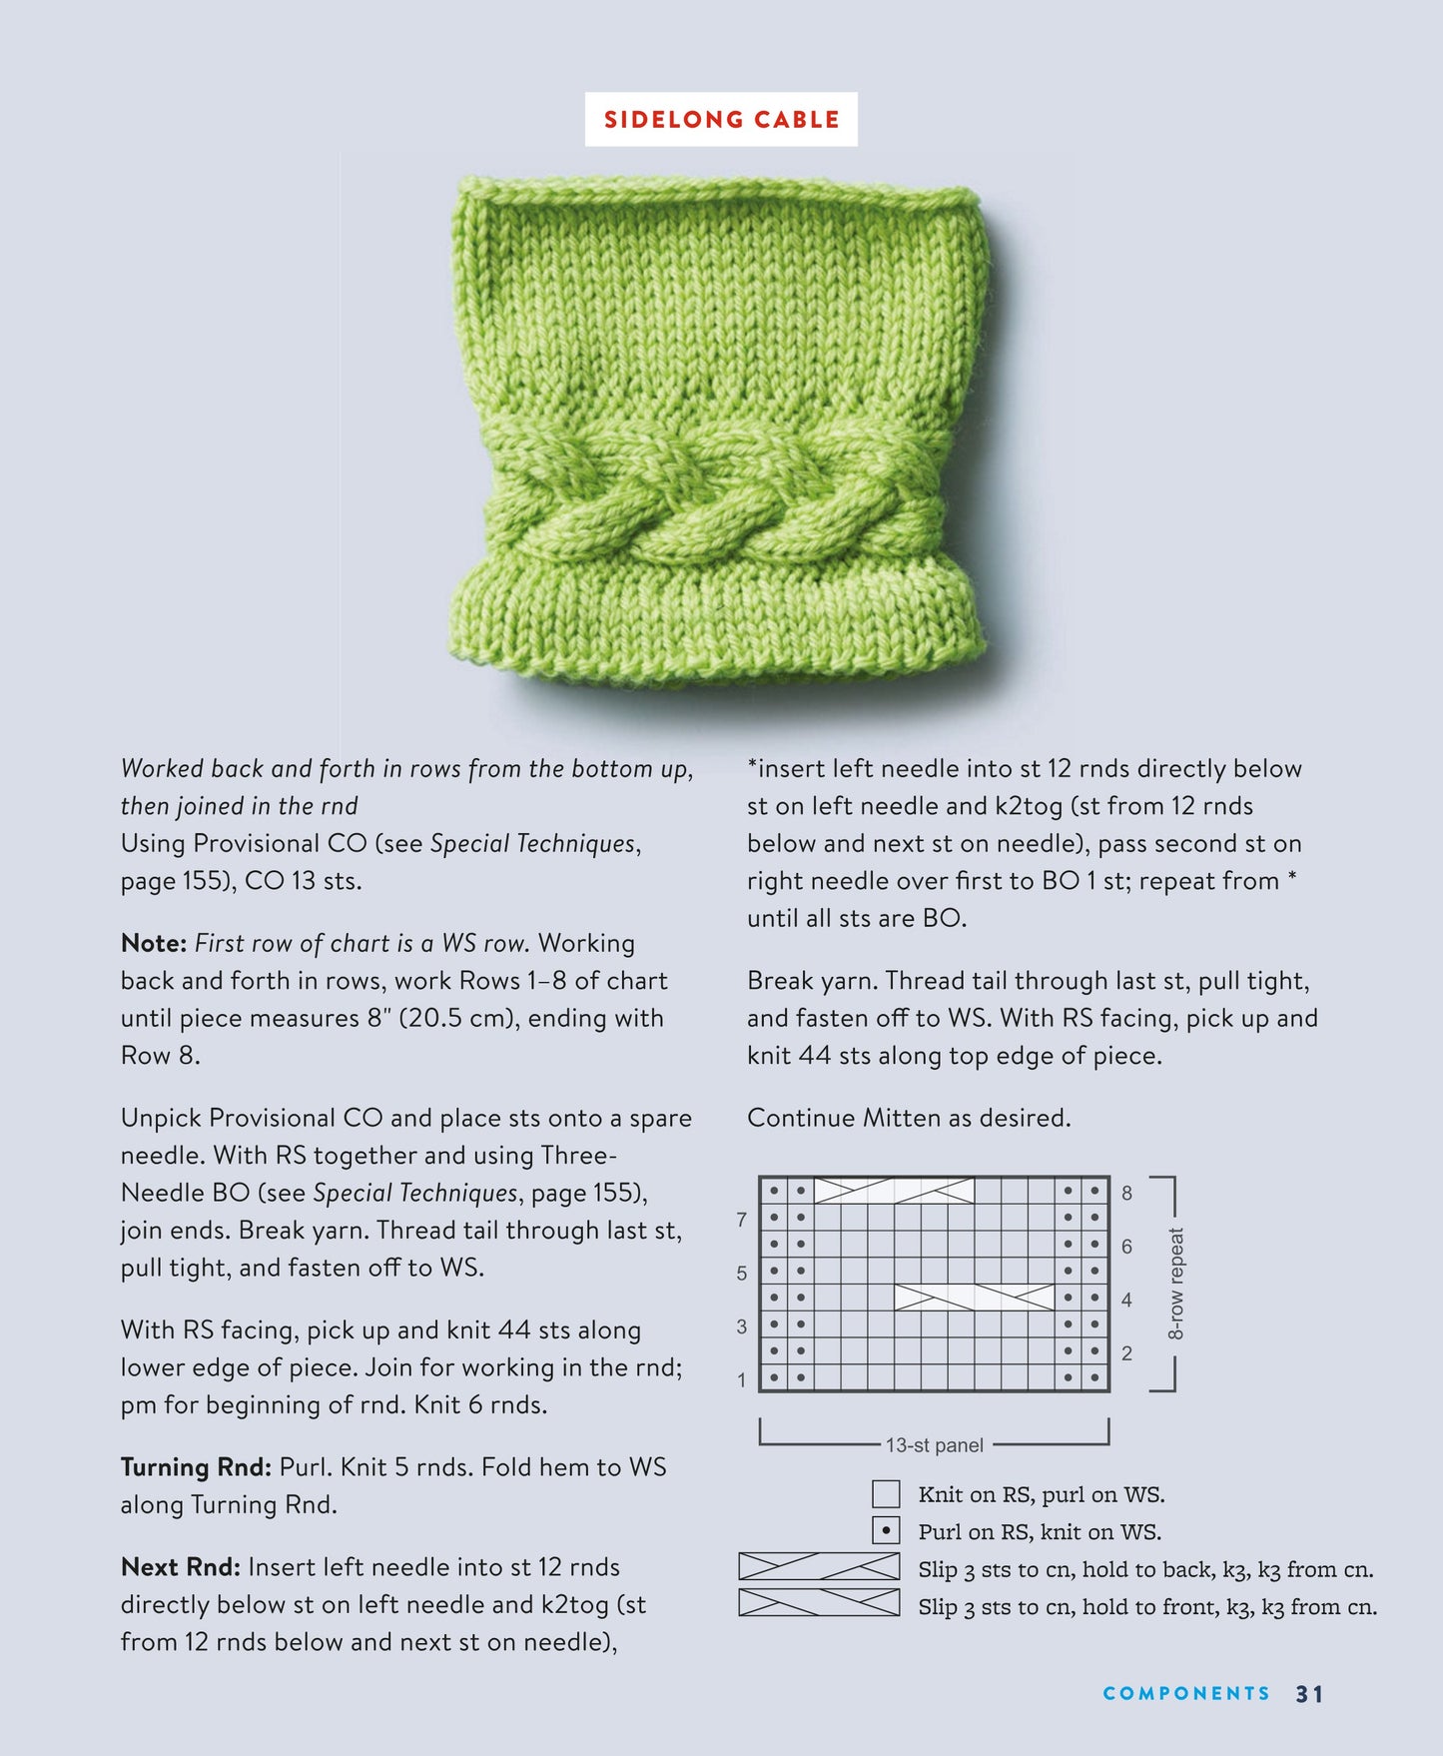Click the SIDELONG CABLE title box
tap(721, 120)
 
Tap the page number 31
tap(1309, 1693)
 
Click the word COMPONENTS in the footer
tap(1186, 1693)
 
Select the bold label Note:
tap(154, 943)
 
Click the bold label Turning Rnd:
tap(196, 1466)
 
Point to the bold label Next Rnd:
tap(180, 1566)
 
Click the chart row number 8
tap(1127, 1193)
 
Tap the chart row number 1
tap(741, 1380)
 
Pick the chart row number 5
tap(741, 1274)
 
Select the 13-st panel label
tap(934, 1445)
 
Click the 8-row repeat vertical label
tap(1176, 1284)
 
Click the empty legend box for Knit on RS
tap(886, 1494)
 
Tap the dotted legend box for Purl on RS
tap(886, 1530)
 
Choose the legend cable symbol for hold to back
tap(819, 1566)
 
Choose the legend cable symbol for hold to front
tap(819, 1603)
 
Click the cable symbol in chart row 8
tap(894, 1191)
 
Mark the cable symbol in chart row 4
tap(974, 1298)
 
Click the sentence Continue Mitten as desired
tap(909, 1118)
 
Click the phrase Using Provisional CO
tap(244, 843)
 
